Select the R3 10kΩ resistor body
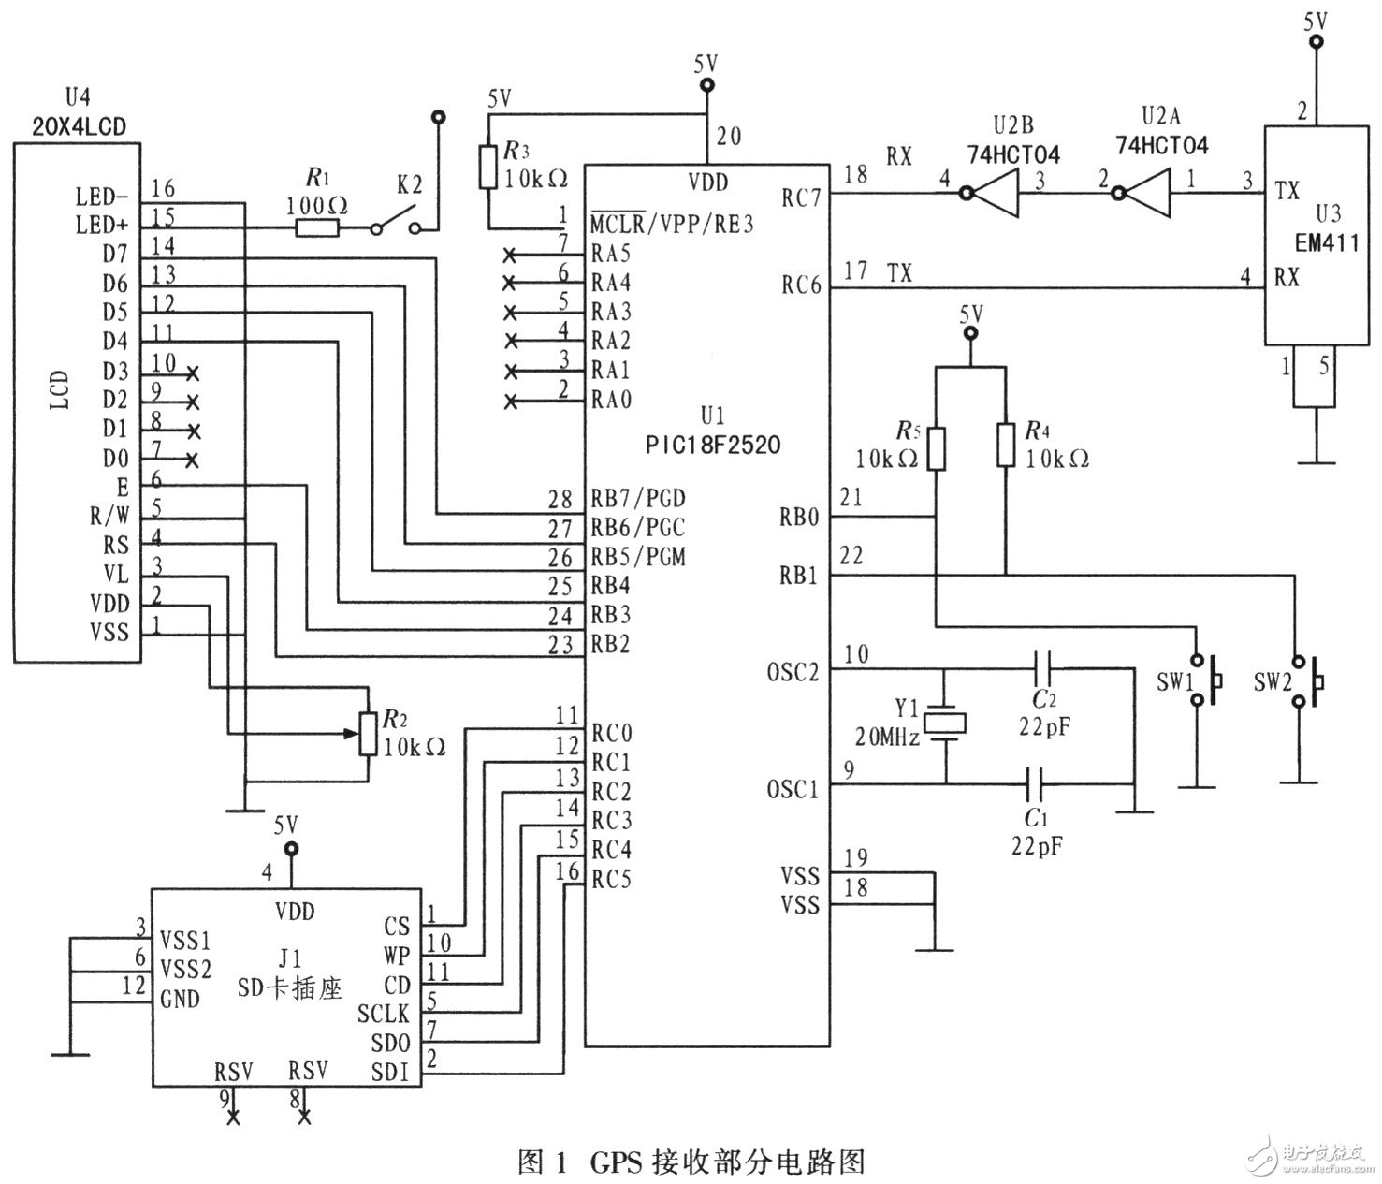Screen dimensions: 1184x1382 click(487, 168)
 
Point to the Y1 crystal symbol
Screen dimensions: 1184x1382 click(945, 724)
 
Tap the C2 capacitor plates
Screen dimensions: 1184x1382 click(1045, 669)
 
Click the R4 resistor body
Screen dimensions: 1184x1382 click(1006, 445)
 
